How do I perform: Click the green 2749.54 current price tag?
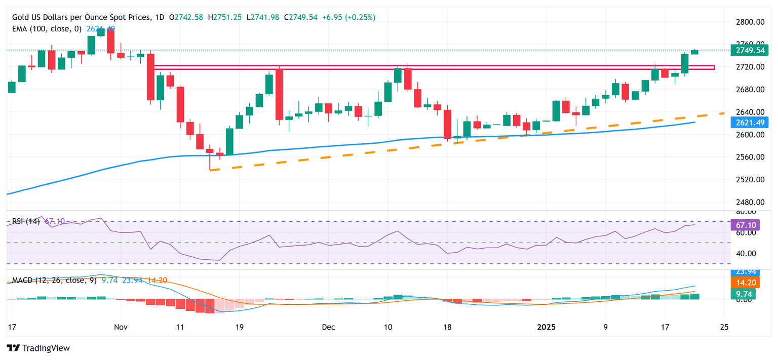click(749, 50)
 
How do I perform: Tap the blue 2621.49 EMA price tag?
click(749, 123)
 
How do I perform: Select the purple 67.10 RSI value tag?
click(745, 224)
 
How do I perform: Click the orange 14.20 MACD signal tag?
click(745, 283)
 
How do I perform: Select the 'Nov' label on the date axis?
click(121, 327)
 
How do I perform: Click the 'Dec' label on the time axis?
click(328, 327)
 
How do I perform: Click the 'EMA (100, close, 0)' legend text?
click(47, 29)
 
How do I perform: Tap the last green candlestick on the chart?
click(694, 52)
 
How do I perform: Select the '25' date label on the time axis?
click(724, 327)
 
